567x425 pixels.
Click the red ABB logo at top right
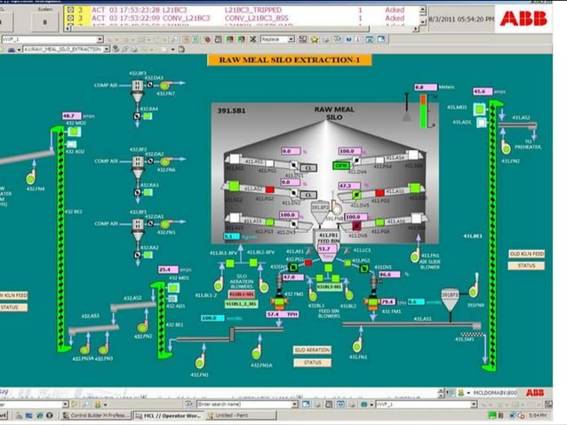click(522, 18)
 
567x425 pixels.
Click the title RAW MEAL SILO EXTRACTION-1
click(283, 60)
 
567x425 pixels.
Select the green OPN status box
click(340, 165)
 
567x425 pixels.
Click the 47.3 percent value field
click(348, 186)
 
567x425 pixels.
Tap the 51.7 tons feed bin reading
click(326, 250)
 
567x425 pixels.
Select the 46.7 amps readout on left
click(71, 116)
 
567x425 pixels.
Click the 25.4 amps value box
click(168, 269)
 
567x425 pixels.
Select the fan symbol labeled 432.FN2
click(143, 326)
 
